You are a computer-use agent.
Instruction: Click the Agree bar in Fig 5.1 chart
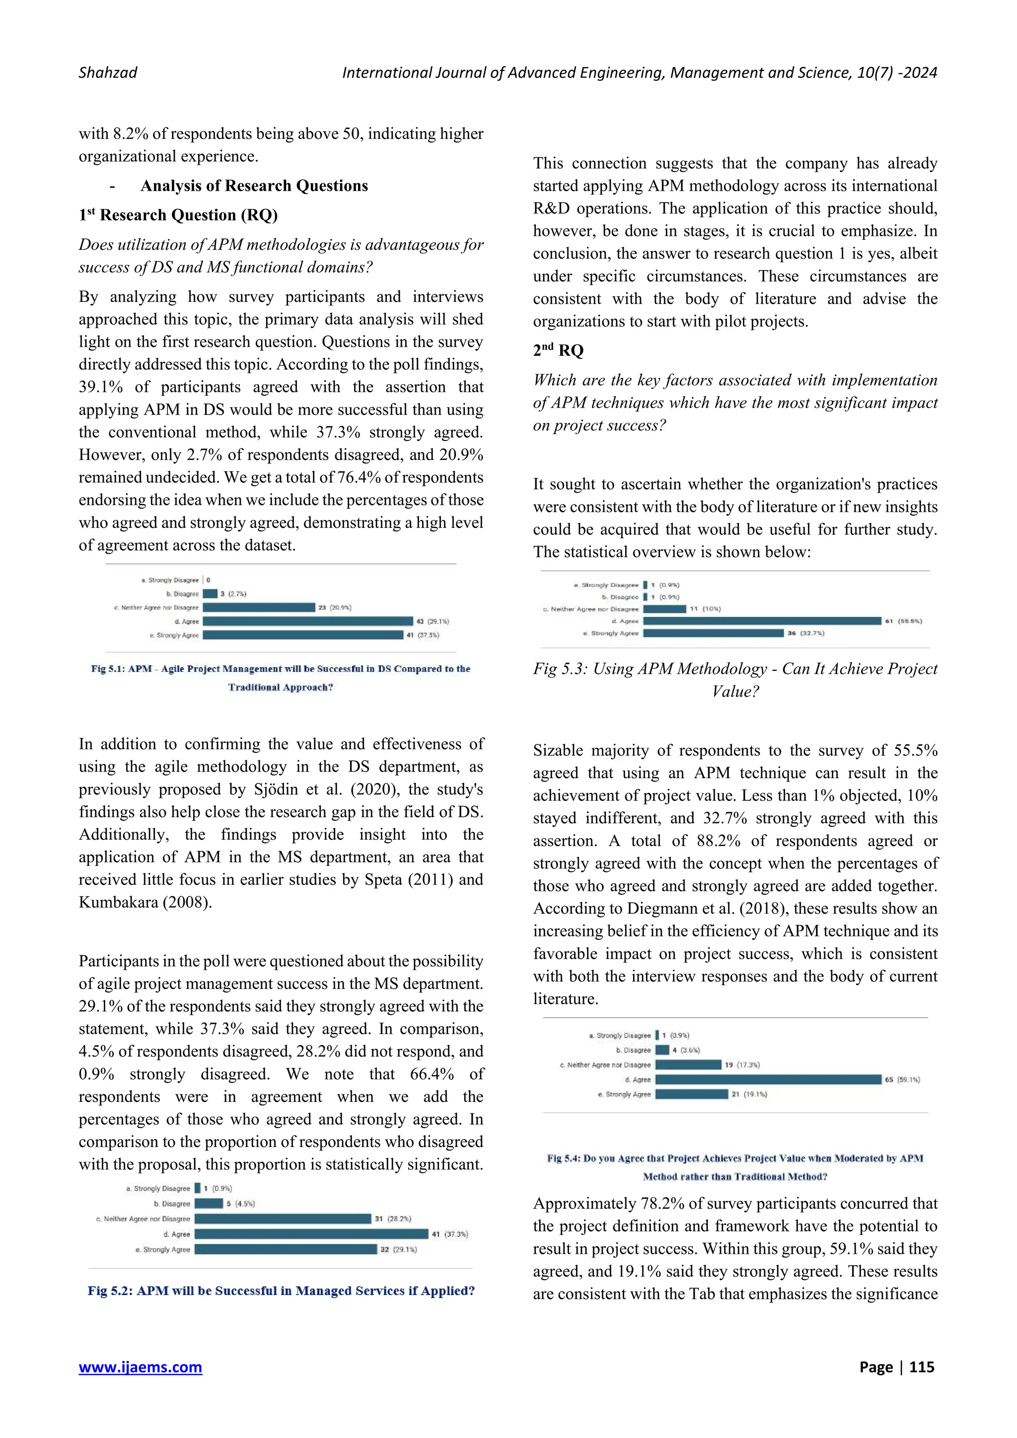tap(307, 621)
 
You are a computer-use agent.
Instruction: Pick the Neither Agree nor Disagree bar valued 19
tap(688, 1065)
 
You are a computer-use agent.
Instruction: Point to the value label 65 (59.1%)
tap(902, 1080)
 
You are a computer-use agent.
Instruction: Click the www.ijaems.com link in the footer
tap(140, 1367)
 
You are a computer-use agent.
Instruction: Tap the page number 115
tap(921, 1367)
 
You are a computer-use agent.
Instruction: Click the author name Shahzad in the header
tap(108, 72)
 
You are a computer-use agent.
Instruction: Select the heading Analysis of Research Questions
tap(254, 186)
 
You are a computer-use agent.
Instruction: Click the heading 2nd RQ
tap(558, 351)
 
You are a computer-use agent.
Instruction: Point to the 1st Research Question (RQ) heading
tap(178, 216)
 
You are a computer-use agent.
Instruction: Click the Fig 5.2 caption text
tap(281, 1291)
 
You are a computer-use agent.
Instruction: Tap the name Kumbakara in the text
tap(118, 903)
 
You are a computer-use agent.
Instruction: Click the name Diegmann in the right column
tap(661, 909)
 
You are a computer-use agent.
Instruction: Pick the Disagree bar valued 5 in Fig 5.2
tap(209, 1203)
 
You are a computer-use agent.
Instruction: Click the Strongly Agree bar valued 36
tap(713, 633)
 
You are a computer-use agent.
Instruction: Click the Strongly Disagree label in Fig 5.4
tap(623, 1036)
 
